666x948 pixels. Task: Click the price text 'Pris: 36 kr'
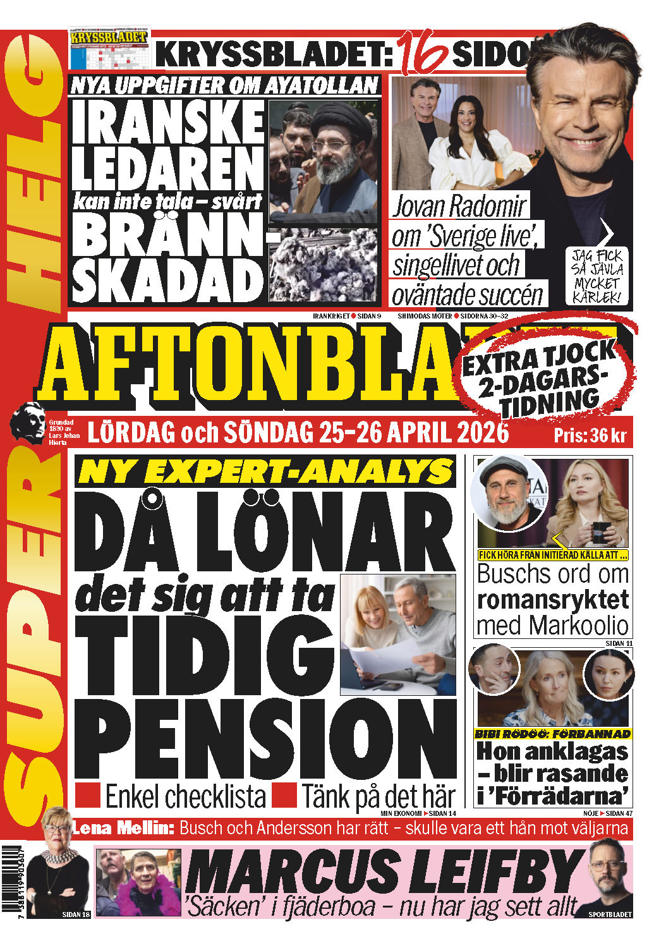pos(589,435)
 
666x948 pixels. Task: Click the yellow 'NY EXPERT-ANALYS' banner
pos(265,471)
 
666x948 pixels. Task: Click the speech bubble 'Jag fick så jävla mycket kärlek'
pos(597,276)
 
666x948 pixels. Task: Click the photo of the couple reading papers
pos(397,635)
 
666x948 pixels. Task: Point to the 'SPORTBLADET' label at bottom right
pos(610,914)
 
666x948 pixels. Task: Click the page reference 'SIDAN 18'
pos(76,915)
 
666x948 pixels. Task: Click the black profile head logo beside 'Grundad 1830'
pos(28,422)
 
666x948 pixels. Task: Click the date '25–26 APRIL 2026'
pos(414,433)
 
